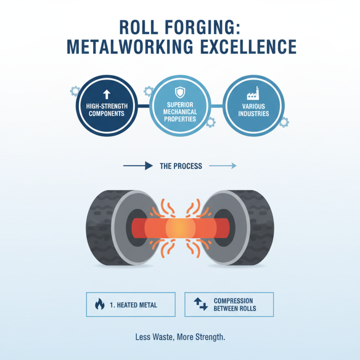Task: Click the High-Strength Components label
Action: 107,110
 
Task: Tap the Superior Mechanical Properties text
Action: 180,112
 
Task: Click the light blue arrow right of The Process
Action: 223,166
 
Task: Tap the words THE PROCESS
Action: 181,166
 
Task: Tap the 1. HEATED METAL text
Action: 133,305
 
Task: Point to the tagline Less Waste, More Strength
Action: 180,337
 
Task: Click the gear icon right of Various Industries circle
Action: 284,122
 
